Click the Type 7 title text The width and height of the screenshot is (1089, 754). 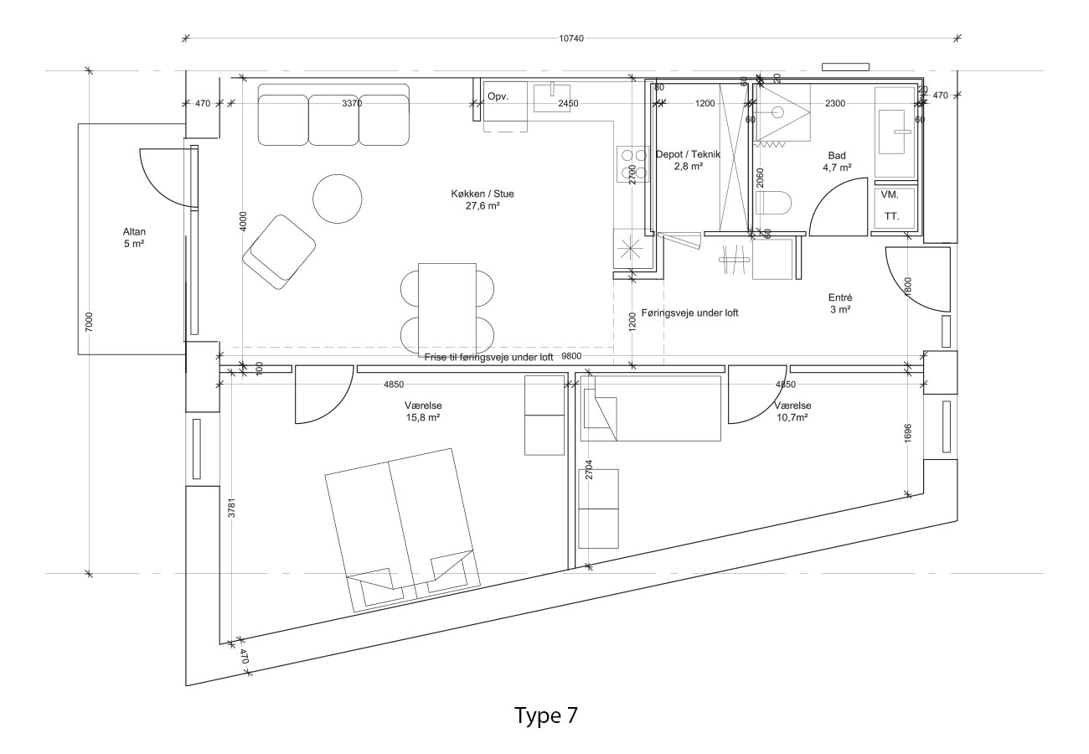pos(546,715)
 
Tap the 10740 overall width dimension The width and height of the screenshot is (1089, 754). pos(571,39)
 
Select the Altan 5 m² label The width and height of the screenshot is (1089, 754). pos(134,238)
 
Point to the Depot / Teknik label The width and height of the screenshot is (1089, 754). pos(688,155)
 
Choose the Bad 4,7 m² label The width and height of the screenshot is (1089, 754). pos(837,162)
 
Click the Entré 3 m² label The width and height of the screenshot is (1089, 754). pos(840,303)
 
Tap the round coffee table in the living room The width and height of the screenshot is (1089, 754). pos(338,199)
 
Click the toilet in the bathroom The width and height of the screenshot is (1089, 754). pos(773,202)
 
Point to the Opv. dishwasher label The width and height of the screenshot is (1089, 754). pos(498,96)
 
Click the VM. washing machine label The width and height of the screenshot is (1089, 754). pos(890,195)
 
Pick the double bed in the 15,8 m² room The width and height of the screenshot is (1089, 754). pos(402,530)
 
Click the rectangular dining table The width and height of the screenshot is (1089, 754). pos(447,310)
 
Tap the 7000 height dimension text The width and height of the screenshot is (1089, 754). pos(89,323)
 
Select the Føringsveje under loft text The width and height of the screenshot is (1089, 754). pos(689,313)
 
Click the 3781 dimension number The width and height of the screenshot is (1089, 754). pos(232,508)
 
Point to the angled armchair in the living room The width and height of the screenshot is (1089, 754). pos(279,252)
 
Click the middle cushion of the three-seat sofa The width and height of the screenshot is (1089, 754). pos(333,120)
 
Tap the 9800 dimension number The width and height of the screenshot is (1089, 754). pos(571,356)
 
